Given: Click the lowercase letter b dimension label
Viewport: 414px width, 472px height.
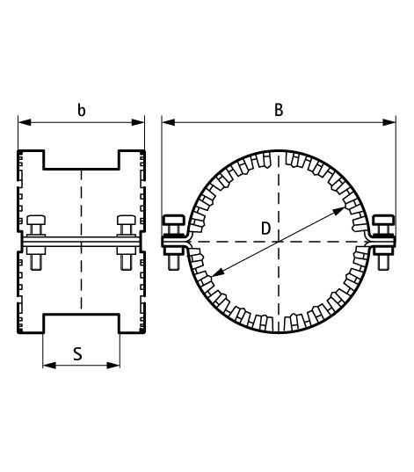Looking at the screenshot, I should (82, 111).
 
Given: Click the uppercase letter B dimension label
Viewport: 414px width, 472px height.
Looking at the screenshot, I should (279, 110).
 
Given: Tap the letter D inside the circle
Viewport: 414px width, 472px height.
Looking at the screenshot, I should (265, 229).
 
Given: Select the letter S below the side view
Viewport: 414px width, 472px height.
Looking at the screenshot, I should (78, 354).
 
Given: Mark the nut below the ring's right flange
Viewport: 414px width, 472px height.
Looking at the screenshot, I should (384, 259).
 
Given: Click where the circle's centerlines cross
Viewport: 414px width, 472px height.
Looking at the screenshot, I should (278, 241).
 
